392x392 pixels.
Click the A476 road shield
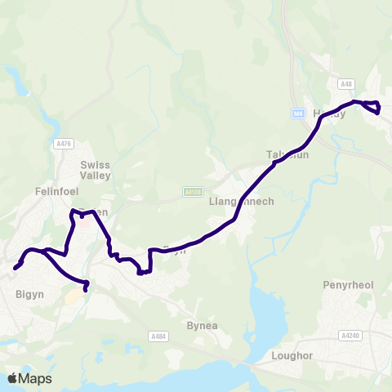65,144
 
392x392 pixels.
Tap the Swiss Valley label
95,170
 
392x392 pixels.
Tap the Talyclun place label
287,154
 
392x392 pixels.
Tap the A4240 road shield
350,335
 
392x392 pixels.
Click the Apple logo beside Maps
13,378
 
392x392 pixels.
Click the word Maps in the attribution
36,378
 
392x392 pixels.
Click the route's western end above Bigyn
16,267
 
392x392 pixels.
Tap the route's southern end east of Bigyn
86,288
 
